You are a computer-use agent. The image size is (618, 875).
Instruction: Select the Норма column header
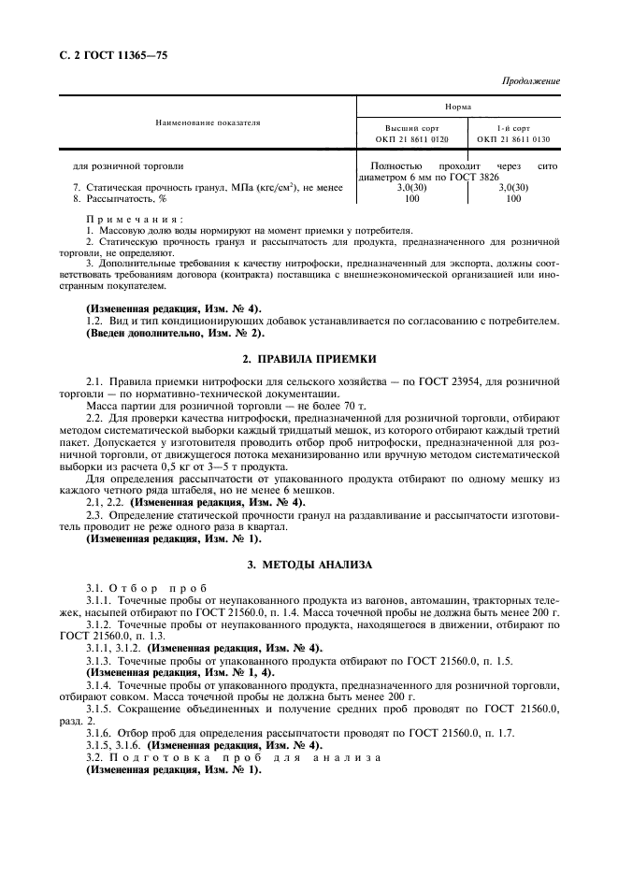(x=458, y=107)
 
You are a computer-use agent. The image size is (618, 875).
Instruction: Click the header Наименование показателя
(x=208, y=122)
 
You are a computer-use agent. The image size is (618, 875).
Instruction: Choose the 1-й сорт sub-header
(x=512, y=127)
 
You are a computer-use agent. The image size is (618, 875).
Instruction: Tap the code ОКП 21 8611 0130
(x=512, y=139)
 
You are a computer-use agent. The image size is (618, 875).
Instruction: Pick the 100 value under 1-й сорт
(x=513, y=199)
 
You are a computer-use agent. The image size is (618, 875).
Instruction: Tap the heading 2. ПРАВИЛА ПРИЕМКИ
(x=309, y=358)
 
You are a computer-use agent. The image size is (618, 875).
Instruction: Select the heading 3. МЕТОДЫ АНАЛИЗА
(x=309, y=565)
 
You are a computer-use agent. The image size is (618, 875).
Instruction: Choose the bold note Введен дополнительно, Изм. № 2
(x=176, y=333)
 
